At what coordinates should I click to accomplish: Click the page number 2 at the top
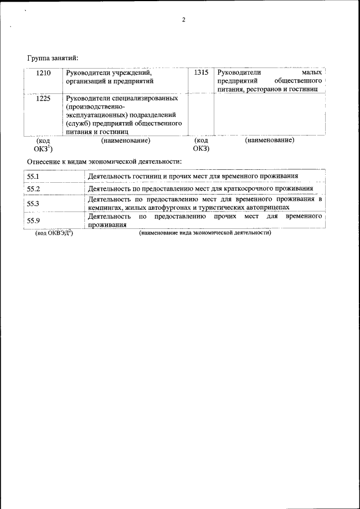click(x=183, y=20)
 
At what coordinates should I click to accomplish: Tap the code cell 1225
click(x=44, y=98)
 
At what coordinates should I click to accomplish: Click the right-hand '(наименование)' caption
click(x=269, y=140)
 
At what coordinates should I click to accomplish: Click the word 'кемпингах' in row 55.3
click(x=105, y=208)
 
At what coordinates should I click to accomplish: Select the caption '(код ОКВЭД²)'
click(x=54, y=233)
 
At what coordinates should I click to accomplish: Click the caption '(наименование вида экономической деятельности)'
click(x=205, y=233)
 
